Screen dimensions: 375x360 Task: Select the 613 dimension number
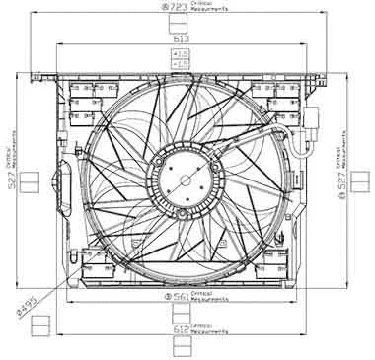pyautogui.click(x=182, y=37)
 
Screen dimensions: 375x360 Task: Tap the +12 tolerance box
pyautogui.click(x=182, y=52)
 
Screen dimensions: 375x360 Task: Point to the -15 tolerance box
pyautogui.click(x=182, y=63)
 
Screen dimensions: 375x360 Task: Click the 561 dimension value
pyautogui.click(x=180, y=295)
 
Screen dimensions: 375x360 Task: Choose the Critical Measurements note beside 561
pyautogui.click(x=209, y=295)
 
